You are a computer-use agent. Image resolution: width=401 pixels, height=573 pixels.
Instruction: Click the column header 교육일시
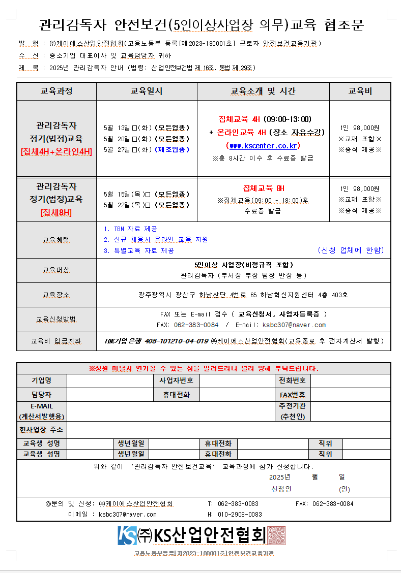147,91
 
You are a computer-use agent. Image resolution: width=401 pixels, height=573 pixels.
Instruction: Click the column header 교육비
360,91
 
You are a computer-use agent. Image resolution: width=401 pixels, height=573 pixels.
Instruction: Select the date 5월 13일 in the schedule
117,128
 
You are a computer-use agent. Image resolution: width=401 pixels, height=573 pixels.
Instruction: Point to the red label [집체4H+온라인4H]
56,151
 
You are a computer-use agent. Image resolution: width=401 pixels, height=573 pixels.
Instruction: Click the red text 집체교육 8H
263,188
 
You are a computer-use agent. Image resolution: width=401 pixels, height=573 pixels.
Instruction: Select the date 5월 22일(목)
124,205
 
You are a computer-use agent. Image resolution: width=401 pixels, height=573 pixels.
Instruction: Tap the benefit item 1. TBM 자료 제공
130,229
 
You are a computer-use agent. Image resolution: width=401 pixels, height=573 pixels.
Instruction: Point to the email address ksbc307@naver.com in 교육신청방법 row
294,325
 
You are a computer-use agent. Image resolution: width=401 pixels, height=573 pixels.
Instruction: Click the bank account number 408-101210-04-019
177,341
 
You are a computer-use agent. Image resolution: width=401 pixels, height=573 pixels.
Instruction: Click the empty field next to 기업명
109,380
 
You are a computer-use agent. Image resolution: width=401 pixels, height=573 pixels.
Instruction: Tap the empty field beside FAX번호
350,394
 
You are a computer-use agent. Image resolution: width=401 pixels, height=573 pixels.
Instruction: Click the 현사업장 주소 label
41,430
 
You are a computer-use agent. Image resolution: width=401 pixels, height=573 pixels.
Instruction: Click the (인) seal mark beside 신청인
345,489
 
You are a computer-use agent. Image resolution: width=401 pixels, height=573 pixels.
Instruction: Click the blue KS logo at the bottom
127,535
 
